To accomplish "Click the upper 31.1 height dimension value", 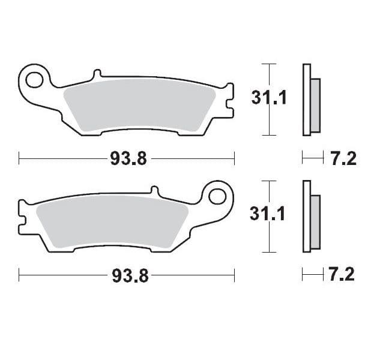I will tap(269, 98).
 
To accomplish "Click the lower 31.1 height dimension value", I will tap(268, 214).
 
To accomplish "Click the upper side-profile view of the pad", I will tap(311, 99).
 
